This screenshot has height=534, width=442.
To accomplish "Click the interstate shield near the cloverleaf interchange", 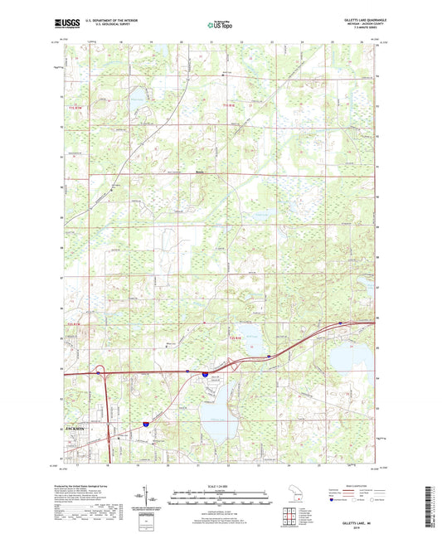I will [202, 375].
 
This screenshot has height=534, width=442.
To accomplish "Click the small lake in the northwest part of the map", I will [138, 100].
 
